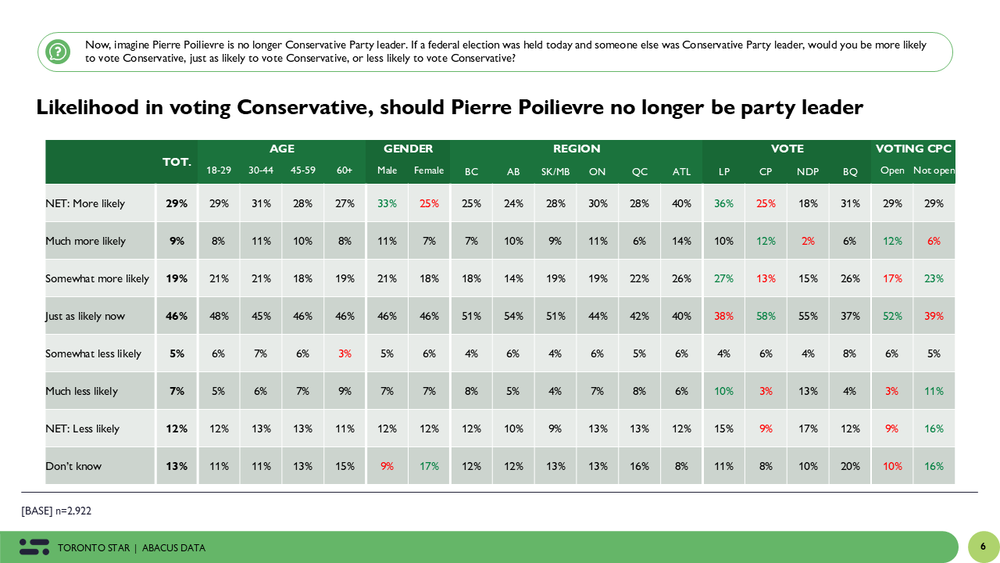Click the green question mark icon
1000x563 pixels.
[58, 52]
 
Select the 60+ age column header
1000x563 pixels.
[345, 170]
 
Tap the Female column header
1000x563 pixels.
[429, 170]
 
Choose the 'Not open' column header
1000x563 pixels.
[934, 170]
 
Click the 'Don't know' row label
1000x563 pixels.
[73, 466]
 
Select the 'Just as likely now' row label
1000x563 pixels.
[85, 316]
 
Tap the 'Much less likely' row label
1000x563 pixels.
[81, 391]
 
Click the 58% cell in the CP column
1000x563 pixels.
[766, 316]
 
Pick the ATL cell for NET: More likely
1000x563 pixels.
[681, 203]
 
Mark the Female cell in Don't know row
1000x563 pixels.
[429, 466]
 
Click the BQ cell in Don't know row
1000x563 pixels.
[850, 466]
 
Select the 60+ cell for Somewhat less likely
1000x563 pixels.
[345, 353]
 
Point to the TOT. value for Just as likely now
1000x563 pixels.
[177, 316]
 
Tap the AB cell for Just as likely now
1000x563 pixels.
[513, 316]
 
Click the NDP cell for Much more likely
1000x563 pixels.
[808, 241]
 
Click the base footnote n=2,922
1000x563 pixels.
[57, 511]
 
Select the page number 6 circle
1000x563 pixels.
[983, 547]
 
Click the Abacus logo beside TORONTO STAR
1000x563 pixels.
[34, 547]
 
